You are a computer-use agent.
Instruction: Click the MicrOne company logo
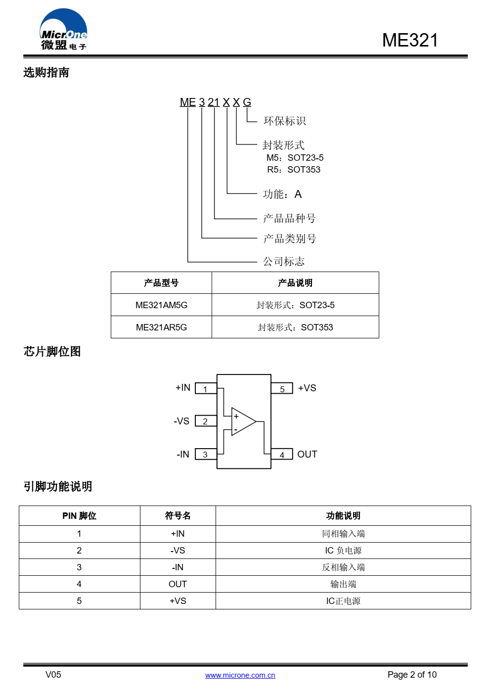coord(63,29)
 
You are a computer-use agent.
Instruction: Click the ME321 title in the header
coord(410,40)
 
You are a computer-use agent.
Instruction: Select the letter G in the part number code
coord(247,102)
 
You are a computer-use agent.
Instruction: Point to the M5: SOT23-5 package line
coord(295,158)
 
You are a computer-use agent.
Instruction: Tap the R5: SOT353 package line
coord(294,170)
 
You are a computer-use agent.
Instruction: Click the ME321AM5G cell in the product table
coord(161,305)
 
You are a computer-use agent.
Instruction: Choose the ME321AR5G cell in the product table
coord(161,327)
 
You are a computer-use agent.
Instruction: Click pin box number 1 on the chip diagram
coord(206,388)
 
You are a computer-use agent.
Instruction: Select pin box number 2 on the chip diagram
coord(206,421)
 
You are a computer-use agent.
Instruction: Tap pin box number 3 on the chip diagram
coord(206,454)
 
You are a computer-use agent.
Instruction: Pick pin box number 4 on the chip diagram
coord(282,454)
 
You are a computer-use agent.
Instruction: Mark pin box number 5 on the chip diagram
coord(282,388)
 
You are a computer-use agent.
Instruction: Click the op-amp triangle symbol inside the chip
coord(243,421)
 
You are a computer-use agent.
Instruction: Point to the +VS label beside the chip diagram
coord(307,388)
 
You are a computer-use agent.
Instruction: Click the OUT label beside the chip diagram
coord(307,454)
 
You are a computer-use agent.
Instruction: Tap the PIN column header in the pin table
coord(79,515)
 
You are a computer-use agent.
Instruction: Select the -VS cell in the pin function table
coord(178,550)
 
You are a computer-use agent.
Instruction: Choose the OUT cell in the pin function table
coord(178,584)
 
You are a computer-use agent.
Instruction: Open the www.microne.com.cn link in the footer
coord(240,675)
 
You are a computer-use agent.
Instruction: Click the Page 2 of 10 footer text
coord(412,675)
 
